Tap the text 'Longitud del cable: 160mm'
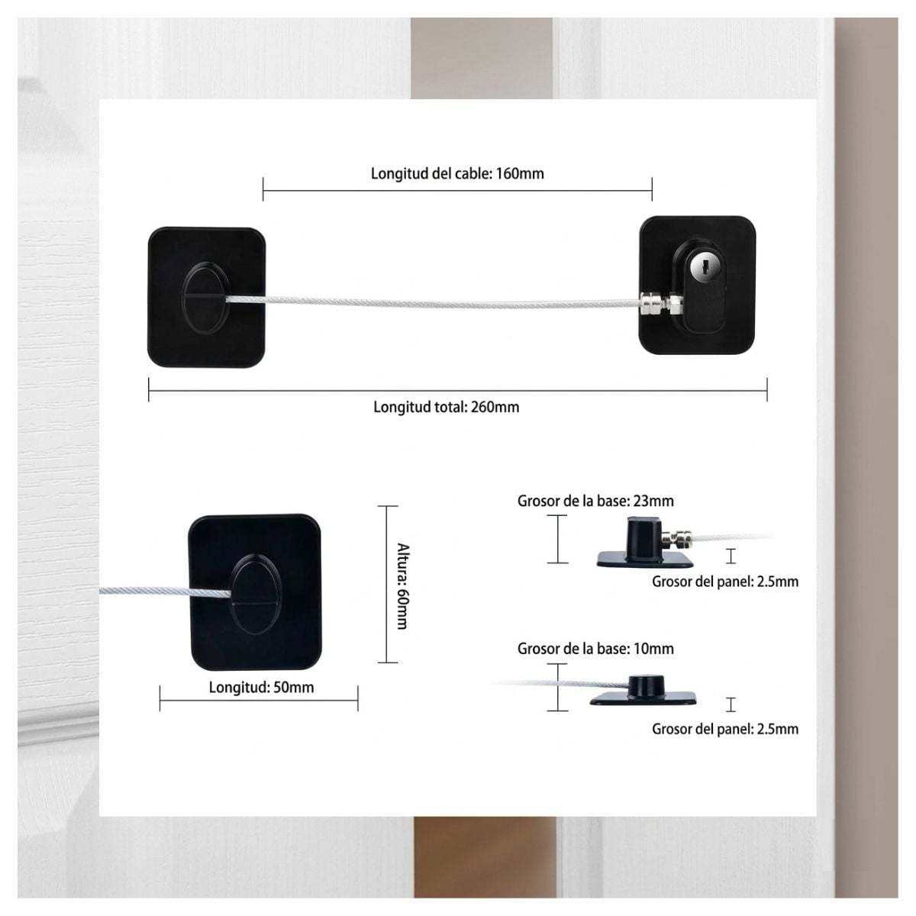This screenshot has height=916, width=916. [457, 173]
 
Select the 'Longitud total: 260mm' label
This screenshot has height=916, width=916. [447, 407]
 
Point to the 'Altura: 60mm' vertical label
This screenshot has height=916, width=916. [402, 585]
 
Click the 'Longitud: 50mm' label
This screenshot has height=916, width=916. [262, 687]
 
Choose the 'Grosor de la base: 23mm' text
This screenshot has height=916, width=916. [595, 501]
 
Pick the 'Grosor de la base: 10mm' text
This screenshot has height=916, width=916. [595, 648]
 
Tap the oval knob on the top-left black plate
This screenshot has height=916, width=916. [206, 297]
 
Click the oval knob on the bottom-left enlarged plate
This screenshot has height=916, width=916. [256, 593]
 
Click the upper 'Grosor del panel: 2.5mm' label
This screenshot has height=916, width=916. [725, 582]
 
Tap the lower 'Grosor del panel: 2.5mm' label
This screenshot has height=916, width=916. [725, 729]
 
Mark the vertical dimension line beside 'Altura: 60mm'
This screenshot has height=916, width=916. [388, 584]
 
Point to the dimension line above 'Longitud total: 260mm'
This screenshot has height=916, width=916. [458, 390]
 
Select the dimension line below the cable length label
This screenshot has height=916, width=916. [457, 190]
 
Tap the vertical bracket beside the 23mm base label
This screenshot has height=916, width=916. [557, 539]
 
